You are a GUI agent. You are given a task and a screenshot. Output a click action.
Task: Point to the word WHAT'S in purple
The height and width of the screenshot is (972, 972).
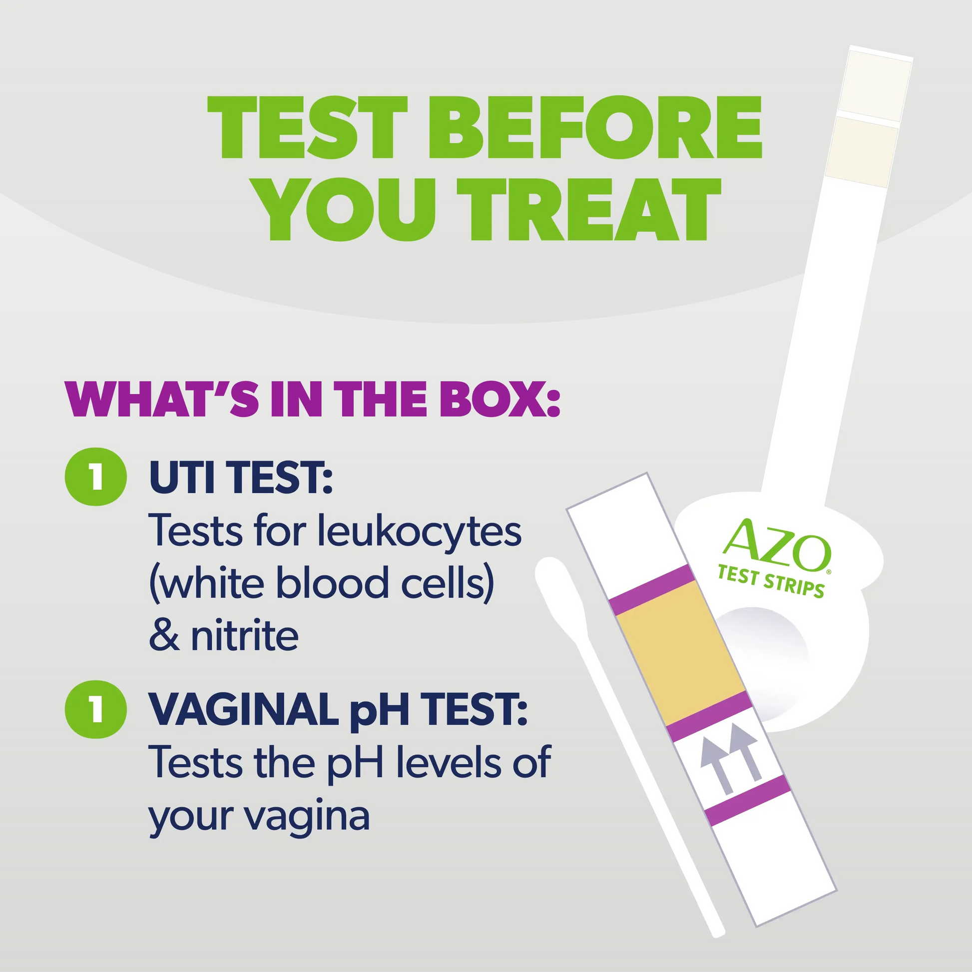[x=162, y=399]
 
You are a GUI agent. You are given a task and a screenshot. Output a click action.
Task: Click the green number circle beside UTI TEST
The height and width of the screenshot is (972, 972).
[x=95, y=477]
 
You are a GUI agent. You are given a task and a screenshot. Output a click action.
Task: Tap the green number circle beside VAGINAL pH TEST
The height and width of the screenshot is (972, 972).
[x=95, y=709]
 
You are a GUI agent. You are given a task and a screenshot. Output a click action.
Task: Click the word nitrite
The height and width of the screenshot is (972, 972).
[x=245, y=635]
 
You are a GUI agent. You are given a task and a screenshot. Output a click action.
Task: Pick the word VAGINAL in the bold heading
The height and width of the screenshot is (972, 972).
[x=244, y=709]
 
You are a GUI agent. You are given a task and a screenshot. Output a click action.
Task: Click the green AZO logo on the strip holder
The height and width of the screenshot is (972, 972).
[x=776, y=546]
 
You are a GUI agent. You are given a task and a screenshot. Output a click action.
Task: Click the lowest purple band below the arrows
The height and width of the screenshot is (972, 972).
[x=748, y=800]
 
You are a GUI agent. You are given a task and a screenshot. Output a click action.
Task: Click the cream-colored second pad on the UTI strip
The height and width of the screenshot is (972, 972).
[x=862, y=151]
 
